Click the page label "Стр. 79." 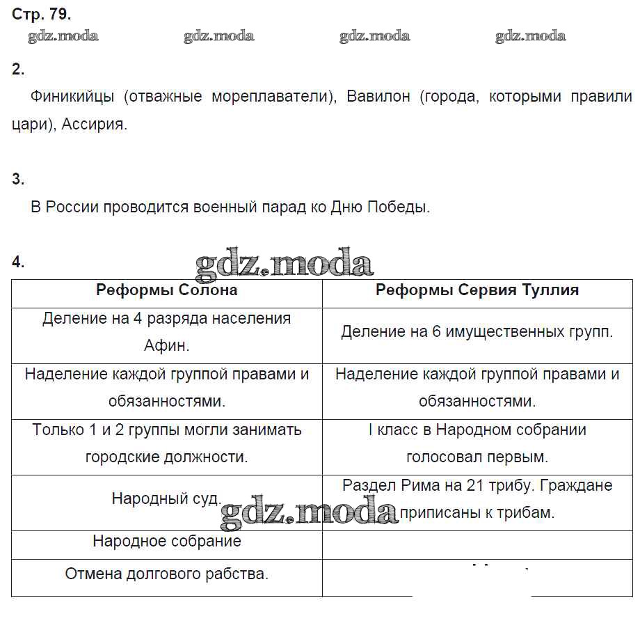pyautogui.click(x=42, y=14)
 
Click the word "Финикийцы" pyautogui.click(x=72, y=97)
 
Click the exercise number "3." pyautogui.click(x=18, y=179)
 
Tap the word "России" pyautogui.click(x=72, y=207)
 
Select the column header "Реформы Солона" pyautogui.click(x=166, y=290)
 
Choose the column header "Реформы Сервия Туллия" pyautogui.click(x=477, y=290)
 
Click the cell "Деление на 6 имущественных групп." pyautogui.click(x=477, y=332)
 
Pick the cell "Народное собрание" pyautogui.click(x=167, y=541)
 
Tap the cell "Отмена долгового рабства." pyautogui.click(x=167, y=574)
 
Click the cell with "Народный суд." pyautogui.click(x=167, y=499)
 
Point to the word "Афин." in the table pyautogui.click(x=167, y=345)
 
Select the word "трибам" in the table pyautogui.click(x=528, y=513)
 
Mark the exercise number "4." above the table pyautogui.click(x=18, y=262)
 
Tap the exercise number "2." pyautogui.click(x=18, y=69)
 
